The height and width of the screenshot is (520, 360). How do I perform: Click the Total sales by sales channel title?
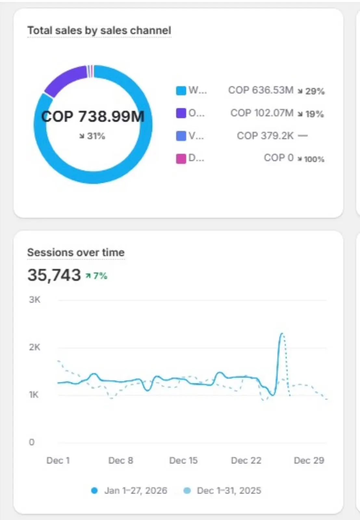point(99,31)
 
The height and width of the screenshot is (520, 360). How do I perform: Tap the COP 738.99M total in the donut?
point(93,116)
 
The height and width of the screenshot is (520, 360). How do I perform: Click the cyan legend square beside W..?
point(181,90)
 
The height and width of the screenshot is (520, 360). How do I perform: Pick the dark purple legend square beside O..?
point(181,113)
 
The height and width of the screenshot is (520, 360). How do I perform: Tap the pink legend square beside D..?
point(181,159)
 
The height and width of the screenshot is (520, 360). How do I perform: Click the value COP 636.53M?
point(261,90)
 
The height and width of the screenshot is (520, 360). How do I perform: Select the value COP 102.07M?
point(262,113)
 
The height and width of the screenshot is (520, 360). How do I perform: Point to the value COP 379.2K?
point(265,136)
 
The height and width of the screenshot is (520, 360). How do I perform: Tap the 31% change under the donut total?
point(93,136)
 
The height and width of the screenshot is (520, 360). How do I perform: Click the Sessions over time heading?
point(76,253)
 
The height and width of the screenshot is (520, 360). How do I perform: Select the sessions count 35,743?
point(54,275)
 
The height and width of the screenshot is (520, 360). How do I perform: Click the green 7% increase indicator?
point(97,276)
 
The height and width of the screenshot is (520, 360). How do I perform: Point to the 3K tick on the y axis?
point(34,300)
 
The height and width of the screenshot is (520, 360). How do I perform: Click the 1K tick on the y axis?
point(34,395)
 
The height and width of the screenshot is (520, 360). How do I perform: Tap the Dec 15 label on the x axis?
point(183,461)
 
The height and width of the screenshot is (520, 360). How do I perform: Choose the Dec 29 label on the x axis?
point(309,461)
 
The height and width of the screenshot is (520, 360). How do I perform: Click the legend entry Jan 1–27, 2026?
point(135,490)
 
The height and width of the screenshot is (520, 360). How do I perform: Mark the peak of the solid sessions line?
point(281,333)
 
